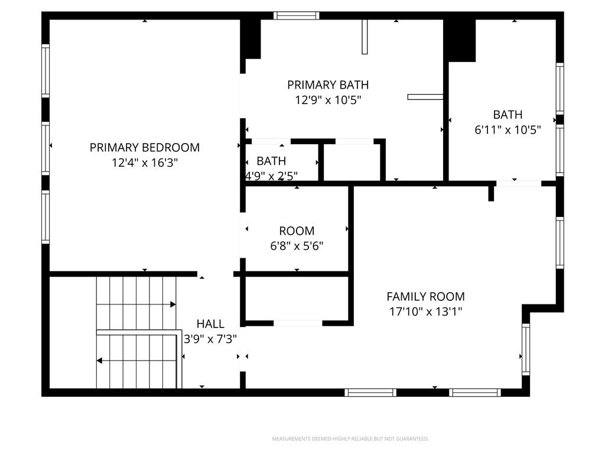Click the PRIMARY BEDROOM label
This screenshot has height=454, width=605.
145,147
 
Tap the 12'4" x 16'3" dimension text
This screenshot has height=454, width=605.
145,163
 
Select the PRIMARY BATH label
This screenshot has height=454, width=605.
328,85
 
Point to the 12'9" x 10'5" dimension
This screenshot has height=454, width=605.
328,100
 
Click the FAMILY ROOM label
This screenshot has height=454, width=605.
425,296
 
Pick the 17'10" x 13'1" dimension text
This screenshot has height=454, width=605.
425,312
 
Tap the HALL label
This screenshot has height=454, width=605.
210,323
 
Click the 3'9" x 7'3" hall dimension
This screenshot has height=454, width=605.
210,339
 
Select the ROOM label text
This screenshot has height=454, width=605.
297,231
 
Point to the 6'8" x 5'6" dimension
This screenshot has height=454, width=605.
297,246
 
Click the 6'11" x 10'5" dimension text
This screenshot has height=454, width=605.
508,130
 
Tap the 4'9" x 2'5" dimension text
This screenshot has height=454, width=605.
272,176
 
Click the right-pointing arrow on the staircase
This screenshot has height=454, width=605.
173,304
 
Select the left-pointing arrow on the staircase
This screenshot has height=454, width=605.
100,360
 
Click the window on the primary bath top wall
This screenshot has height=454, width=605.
297,15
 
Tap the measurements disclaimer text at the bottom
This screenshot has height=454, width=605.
350,439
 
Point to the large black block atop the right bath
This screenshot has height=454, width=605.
460,40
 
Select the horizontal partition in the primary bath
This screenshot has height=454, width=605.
425,96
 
